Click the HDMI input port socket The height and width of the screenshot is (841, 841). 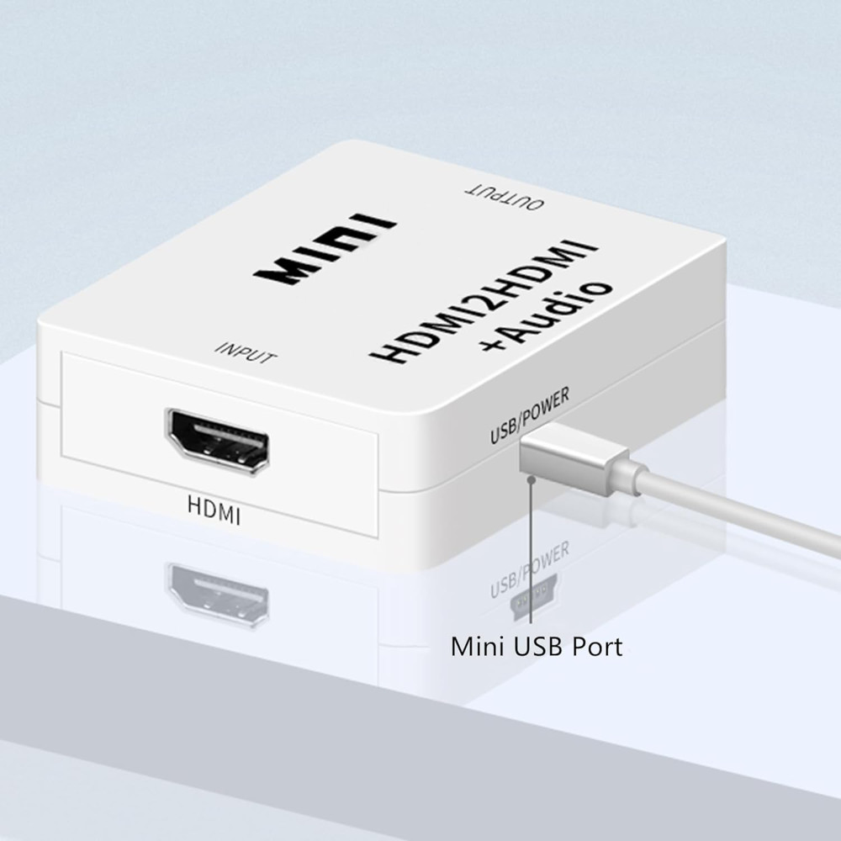[x=218, y=441]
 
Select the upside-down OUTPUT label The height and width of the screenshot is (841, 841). [x=504, y=198]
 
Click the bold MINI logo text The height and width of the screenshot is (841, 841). [x=325, y=250]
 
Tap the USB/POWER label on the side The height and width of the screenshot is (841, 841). [x=529, y=415]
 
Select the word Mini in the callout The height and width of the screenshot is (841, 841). [x=479, y=646]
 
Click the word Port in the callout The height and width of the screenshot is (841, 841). [x=597, y=647]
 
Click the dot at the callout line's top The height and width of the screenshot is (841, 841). [x=531, y=479]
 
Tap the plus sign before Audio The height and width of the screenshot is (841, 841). [x=494, y=341]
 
